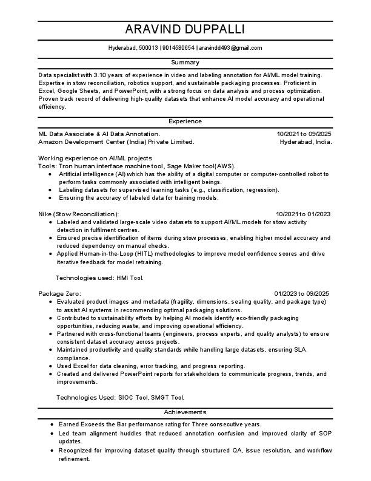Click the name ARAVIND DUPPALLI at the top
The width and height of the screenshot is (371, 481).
[x=185, y=30]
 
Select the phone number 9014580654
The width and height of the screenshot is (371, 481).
[x=178, y=47]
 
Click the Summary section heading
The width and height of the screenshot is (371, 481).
[x=185, y=63]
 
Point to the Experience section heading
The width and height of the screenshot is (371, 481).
[x=185, y=121]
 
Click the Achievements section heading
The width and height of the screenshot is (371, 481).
[x=185, y=412]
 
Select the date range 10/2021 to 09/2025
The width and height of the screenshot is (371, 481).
[x=304, y=133]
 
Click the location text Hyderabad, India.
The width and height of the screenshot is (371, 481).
[x=306, y=141]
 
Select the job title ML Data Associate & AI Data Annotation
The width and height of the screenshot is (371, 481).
[x=99, y=133]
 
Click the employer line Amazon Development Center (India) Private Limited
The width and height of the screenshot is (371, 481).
[x=116, y=141]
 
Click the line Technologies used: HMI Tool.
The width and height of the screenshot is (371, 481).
[x=99, y=278]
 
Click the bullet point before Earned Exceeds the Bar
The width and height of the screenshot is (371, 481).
[x=53, y=425]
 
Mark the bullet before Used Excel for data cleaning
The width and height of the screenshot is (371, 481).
[x=50, y=366]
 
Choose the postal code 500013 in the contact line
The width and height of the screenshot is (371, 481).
[x=148, y=47]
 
